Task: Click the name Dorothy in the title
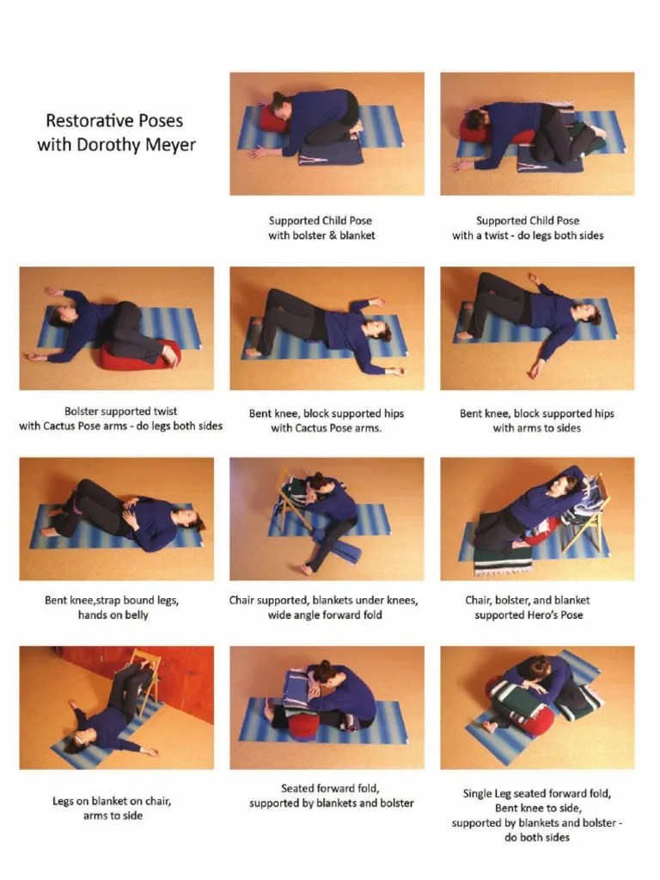pyautogui.click(x=107, y=144)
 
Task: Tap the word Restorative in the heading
pyautogui.click(x=85, y=120)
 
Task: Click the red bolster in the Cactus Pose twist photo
pyautogui.click(x=138, y=356)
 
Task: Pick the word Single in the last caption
pyautogui.click(x=478, y=794)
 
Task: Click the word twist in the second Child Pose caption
pyautogui.click(x=496, y=235)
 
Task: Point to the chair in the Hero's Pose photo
pyautogui.click(x=586, y=514)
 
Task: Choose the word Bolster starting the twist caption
pyautogui.click(x=83, y=412)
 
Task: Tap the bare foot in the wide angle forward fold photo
pyautogui.click(x=307, y=569)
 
